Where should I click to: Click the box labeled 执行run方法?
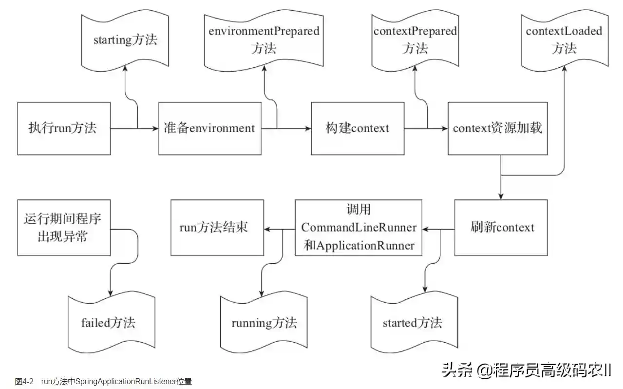[x=64, y=129]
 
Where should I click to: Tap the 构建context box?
[x=358, y=129]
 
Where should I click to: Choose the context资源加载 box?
[x=497, y=129]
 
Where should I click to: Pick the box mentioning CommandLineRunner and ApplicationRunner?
[x=359, y=228]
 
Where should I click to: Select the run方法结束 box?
[x=217, y=228]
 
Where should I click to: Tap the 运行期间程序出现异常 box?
[x=64, y=228]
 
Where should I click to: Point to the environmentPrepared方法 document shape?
[x=264, y=40]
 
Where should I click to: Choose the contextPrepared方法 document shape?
[x=415, y=40]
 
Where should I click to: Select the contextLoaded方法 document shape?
[x=564, y=40]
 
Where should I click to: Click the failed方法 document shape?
[x=109, y=322]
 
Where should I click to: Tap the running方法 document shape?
[x=264, y=323]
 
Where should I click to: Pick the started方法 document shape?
[x=412, y=323]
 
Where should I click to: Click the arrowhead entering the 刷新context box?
[x=501, y=196]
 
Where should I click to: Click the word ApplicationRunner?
[x=365, y=245]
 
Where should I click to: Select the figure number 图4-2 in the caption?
[x=24, y=381]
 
